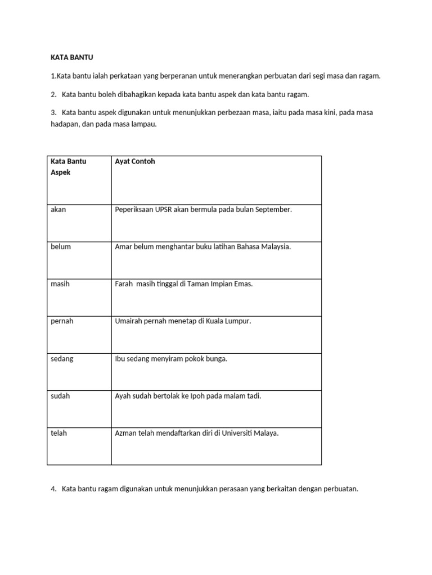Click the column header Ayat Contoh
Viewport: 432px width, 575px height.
coord(134,162)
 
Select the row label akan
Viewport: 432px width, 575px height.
coord(58,209)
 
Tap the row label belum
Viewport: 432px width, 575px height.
coord(61,247)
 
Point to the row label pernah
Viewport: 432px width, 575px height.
coord(62,322)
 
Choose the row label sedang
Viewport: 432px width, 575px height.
coord(62,359)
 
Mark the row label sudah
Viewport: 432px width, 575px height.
coord(60,396)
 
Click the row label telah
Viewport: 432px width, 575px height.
coord(58,433)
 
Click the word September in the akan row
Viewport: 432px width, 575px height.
coord(273,209)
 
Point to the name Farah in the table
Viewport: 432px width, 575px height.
coord(124,284)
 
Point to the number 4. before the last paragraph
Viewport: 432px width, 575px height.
coord(53,489)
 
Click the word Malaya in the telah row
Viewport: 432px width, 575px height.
coord(267,433)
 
